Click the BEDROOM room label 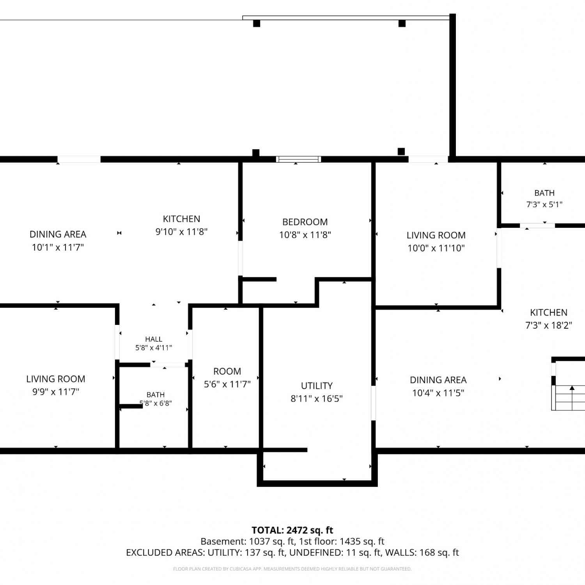[x=305, y=222]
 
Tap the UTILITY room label [x=317, y=386]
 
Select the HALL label [x=154, y=339]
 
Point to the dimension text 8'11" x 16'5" [x=317, y=399]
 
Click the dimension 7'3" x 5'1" [x=544, y=204]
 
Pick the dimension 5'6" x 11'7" [x=227, y=384]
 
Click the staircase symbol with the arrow [x=568, y=398]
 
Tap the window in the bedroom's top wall [x=298, y=159]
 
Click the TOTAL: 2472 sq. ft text [x=292, y=530]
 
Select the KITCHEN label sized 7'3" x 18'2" [x=549, y=312]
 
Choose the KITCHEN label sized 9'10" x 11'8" [x=181, y=219]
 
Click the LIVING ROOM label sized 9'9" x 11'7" [x=56, y=379]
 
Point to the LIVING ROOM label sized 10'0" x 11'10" [x=436, y=235]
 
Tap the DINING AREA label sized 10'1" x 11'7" [x=58, y=234]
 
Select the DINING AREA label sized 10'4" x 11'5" [x=438, y=380]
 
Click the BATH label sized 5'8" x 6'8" [x=156, y=395]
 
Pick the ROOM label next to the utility [x=227, y=371]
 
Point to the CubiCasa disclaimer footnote [x=292, y=569]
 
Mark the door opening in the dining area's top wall [x=79, y=159]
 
